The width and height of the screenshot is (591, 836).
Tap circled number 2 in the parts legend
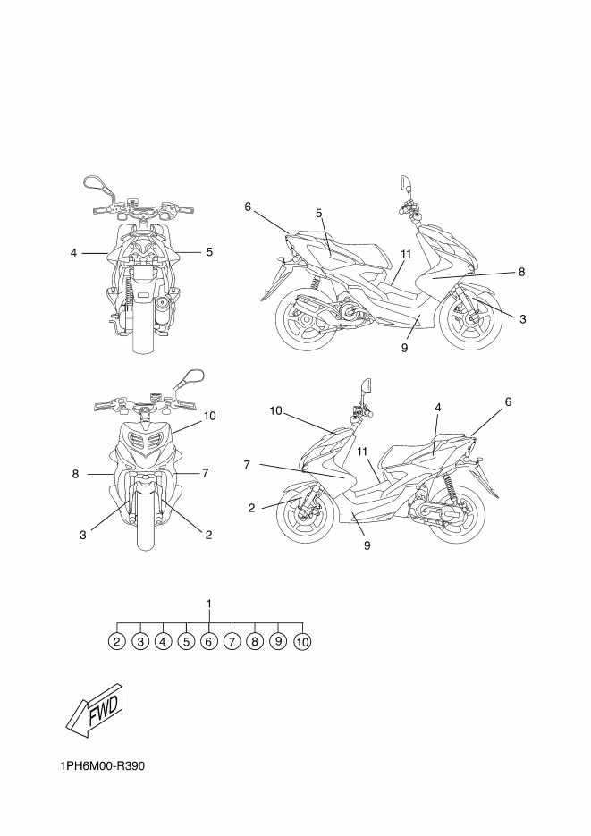tap(117, 641)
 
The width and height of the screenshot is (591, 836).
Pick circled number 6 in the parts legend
tap(209, 641)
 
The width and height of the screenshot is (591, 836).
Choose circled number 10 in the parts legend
tap(302, 641)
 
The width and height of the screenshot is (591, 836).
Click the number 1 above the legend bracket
tap(209, 604)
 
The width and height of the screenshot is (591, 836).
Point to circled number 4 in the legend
tap(163, 641)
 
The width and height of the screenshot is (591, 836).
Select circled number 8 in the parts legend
tap(256, 641)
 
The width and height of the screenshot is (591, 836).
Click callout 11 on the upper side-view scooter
tap(406, 254)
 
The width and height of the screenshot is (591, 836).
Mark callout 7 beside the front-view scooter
tap(205, 472)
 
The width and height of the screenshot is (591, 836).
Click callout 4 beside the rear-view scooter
tap(74, 252)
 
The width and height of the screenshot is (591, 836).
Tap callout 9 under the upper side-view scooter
tap(404, 348)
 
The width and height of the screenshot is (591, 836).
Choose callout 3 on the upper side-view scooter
tap(523, 317)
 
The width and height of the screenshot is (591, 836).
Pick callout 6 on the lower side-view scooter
tap(508, 402)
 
